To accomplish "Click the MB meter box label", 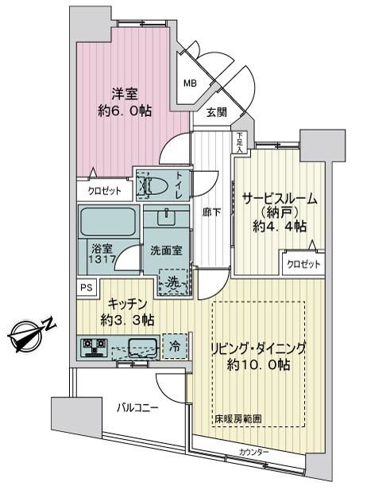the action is (x=190, y=84).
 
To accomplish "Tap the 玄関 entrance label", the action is (x=217, y=112).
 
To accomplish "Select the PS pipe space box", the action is (x=87, y=287).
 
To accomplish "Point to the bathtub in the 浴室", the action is (x=108, y=222).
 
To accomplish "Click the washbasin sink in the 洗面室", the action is (x=166, y=217).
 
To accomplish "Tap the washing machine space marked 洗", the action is (x=173, y=282).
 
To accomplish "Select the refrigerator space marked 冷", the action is (x=175, y=346).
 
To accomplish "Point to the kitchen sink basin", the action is (x=143, y=347).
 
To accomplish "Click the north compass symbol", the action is (x=31, y=334).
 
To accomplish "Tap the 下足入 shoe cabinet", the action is (x=239, y=142).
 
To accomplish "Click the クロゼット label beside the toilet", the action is (x=104, y=191).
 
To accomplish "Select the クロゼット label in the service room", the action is (x=303, y=265).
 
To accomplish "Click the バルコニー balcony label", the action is (x=137, y=408).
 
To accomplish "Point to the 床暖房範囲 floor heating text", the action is (x=238, y=418).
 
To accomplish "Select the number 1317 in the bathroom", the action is (x=102, y=259).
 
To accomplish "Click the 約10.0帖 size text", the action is (x=259, y=365).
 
